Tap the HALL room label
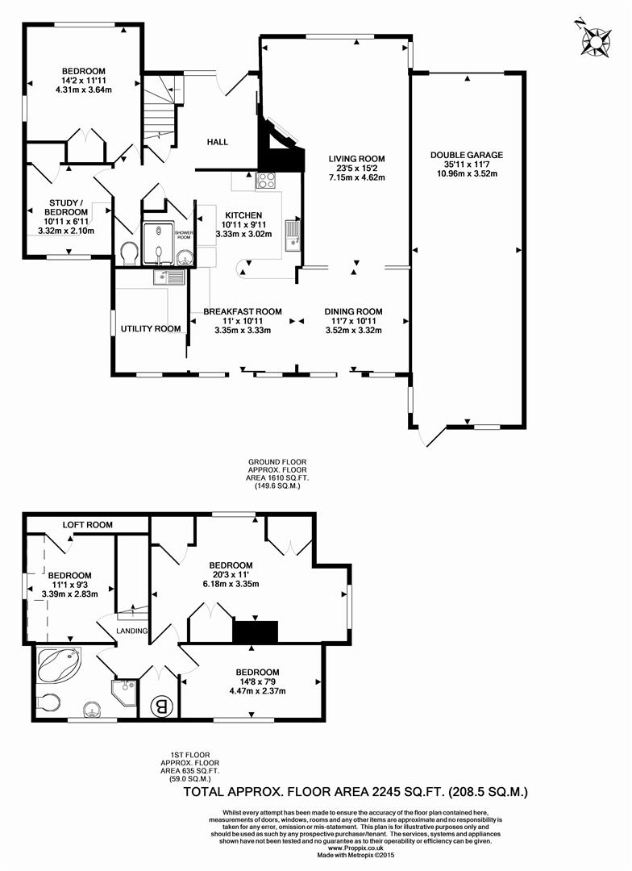coord(217,142)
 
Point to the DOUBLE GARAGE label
coord(467,155)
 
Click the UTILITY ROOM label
coord(151,329)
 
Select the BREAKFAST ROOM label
coord(243,311)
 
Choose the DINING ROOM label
coord(353,311)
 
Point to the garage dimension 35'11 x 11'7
coord(467,165)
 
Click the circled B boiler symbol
coord(161,706)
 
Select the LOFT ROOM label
coord(88,525)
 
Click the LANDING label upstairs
coord(133,631)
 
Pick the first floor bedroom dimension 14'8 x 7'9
coord(257,681)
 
